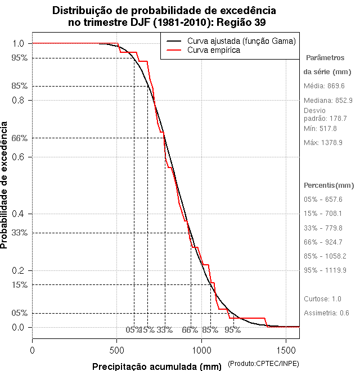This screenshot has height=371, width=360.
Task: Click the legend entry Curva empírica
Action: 214,50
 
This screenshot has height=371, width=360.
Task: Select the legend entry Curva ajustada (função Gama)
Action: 241,41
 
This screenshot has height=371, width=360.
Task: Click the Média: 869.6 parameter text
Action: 324,86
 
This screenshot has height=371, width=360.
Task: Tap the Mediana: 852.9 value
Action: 328,100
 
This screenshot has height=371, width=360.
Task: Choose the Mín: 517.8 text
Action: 320,129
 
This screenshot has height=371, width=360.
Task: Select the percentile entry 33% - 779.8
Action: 322,228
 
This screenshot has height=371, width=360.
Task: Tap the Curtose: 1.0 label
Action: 322,298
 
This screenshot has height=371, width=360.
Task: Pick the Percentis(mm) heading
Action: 328,185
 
